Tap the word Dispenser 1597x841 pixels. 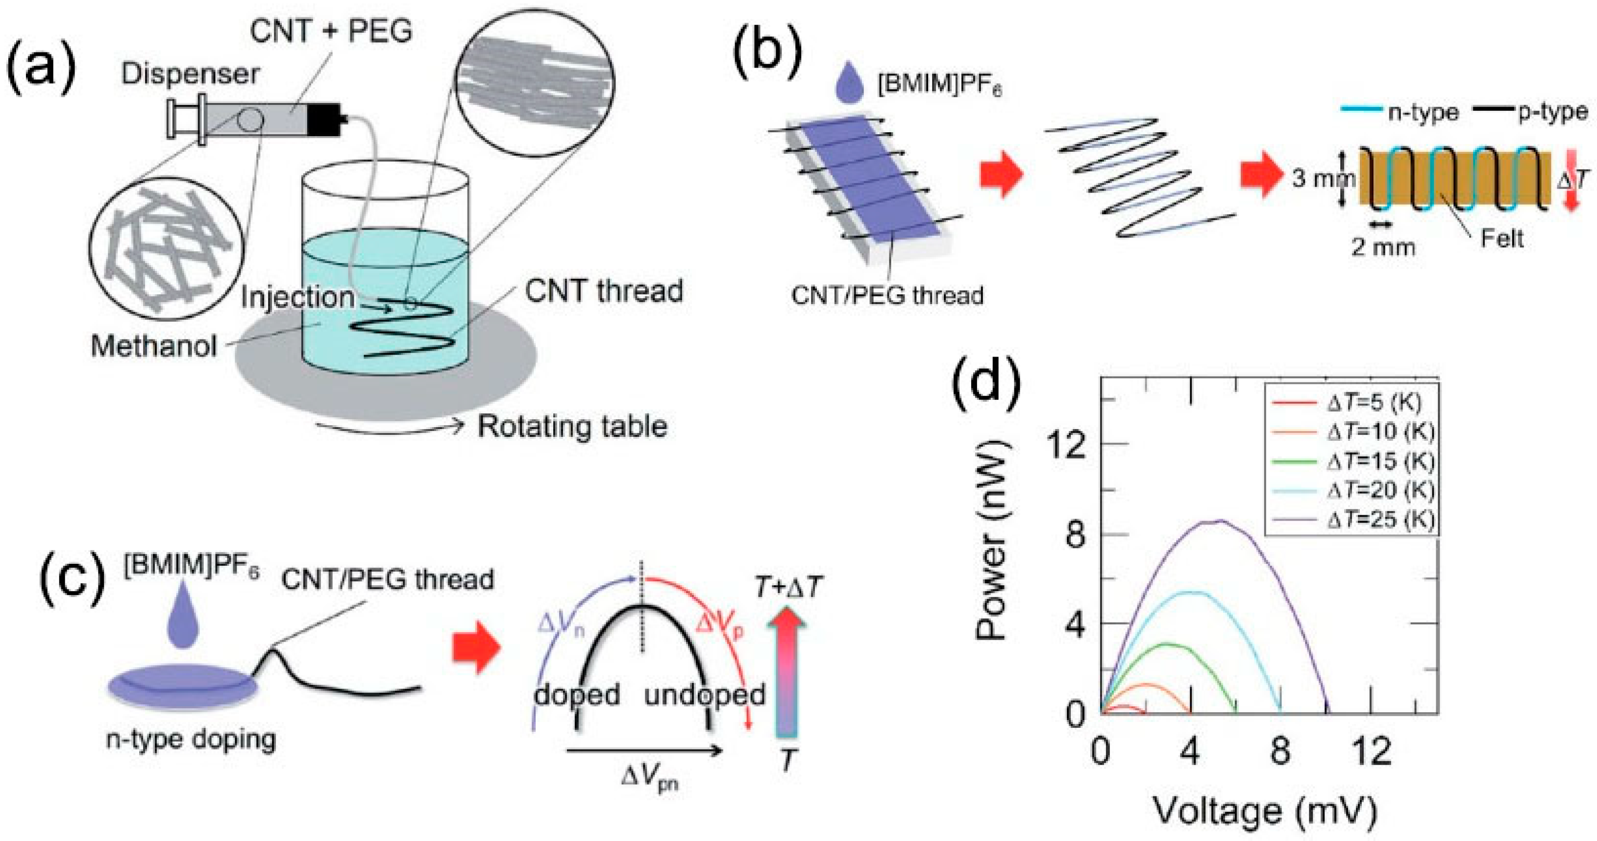(190, 74)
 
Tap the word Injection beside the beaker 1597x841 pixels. (297, 297)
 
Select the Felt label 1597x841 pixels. (1501, 239)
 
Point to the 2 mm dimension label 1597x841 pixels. (1383, 247)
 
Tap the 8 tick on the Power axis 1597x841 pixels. (1076, 534)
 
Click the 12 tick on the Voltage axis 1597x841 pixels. (1371, 752)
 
